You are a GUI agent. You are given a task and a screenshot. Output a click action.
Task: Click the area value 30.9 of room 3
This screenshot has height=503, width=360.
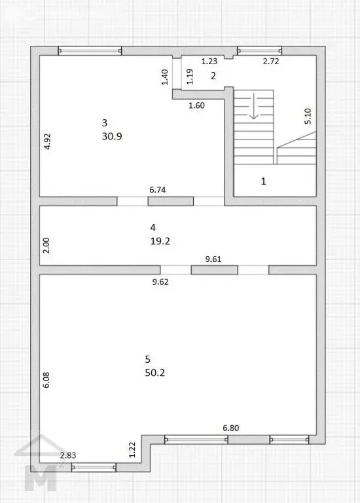(112, 136)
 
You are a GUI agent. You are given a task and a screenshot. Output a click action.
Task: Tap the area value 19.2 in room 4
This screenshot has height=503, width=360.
(160, 241)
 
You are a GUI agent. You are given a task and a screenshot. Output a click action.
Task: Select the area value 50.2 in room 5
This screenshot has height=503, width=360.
(155, 373)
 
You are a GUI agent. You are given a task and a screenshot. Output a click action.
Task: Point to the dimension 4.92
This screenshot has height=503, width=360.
(47, 141)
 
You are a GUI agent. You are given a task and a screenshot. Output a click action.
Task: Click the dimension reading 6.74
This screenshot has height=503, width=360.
(157, 190)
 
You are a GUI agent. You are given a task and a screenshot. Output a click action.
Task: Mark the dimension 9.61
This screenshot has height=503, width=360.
(213, 259)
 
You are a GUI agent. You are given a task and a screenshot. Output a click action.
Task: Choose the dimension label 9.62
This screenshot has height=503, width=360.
(160, 282)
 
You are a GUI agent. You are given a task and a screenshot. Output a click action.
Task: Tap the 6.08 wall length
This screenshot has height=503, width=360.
(46, 380)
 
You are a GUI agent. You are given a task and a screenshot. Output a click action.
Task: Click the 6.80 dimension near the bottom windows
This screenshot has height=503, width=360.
(231, 428)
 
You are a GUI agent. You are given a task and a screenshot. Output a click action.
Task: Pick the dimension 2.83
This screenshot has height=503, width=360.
(68, 455)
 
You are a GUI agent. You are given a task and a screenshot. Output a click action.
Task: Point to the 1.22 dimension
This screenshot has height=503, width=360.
(132, 450)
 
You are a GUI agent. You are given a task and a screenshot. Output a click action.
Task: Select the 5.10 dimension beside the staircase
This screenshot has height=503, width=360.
(308, 116)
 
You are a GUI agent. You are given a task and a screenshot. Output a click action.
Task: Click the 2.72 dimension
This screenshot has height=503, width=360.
(271, 61)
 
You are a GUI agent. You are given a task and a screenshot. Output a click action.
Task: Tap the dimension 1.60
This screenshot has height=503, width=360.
(196, 105)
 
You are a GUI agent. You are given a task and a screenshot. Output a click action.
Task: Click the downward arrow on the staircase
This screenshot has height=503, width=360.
(254, 106)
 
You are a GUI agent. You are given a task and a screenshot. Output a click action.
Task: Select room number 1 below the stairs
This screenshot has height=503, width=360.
(264, 181)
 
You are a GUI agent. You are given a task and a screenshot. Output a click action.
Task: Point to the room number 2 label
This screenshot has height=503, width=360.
(213, 76)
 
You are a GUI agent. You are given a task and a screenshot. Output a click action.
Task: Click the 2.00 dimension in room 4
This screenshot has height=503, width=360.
(46, 246)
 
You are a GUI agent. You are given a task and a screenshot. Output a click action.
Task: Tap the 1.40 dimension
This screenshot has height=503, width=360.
(165, 77)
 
